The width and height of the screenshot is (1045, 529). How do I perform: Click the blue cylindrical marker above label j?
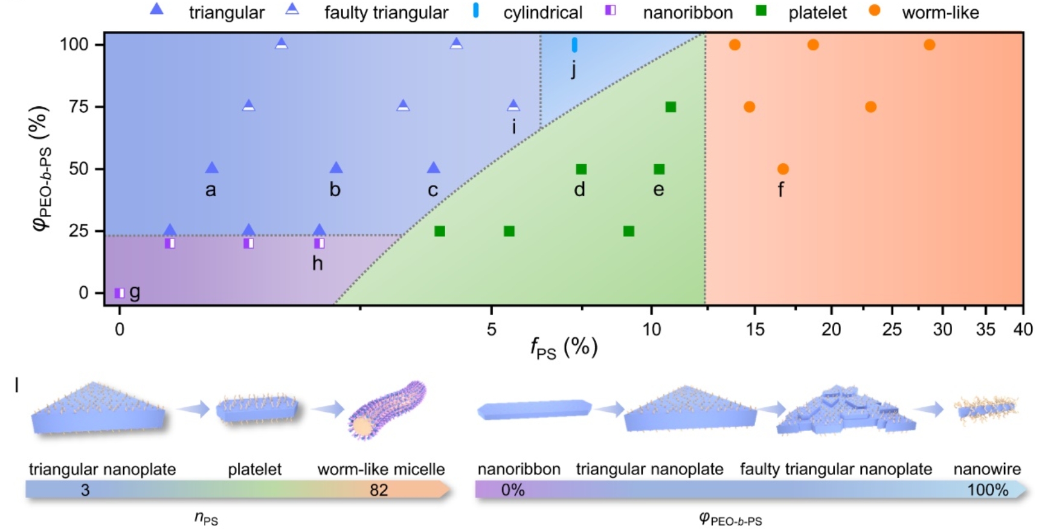(574, 45)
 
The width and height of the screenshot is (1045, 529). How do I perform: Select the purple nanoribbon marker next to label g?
(120, 293)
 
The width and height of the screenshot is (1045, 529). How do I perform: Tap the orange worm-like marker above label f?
(783, 169)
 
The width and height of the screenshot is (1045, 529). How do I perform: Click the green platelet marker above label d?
(581, 169)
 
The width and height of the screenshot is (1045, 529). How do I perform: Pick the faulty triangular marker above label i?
(513, 106)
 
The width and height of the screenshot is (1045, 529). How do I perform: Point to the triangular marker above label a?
(211, 168)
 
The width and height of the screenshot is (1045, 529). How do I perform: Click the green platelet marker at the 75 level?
(670, 107)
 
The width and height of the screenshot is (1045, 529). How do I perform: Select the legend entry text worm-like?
(940, 13)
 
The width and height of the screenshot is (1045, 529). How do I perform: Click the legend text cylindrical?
(542, 13)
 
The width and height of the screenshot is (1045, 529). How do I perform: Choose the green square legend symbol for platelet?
(761, 10)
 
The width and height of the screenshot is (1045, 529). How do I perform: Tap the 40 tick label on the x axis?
(1023, 329)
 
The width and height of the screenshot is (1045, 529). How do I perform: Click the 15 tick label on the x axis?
(755, 329)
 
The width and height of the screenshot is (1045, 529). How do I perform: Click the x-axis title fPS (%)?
(563, 348)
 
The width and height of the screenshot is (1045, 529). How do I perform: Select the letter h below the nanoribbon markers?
(317, 263)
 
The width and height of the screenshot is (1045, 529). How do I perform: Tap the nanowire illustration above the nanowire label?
(986, 409)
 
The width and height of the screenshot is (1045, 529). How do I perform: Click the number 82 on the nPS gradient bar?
(379, 490)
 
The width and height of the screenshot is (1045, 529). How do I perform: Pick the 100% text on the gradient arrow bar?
(988, 490)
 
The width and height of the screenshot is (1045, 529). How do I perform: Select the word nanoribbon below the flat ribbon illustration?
(518, 469)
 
